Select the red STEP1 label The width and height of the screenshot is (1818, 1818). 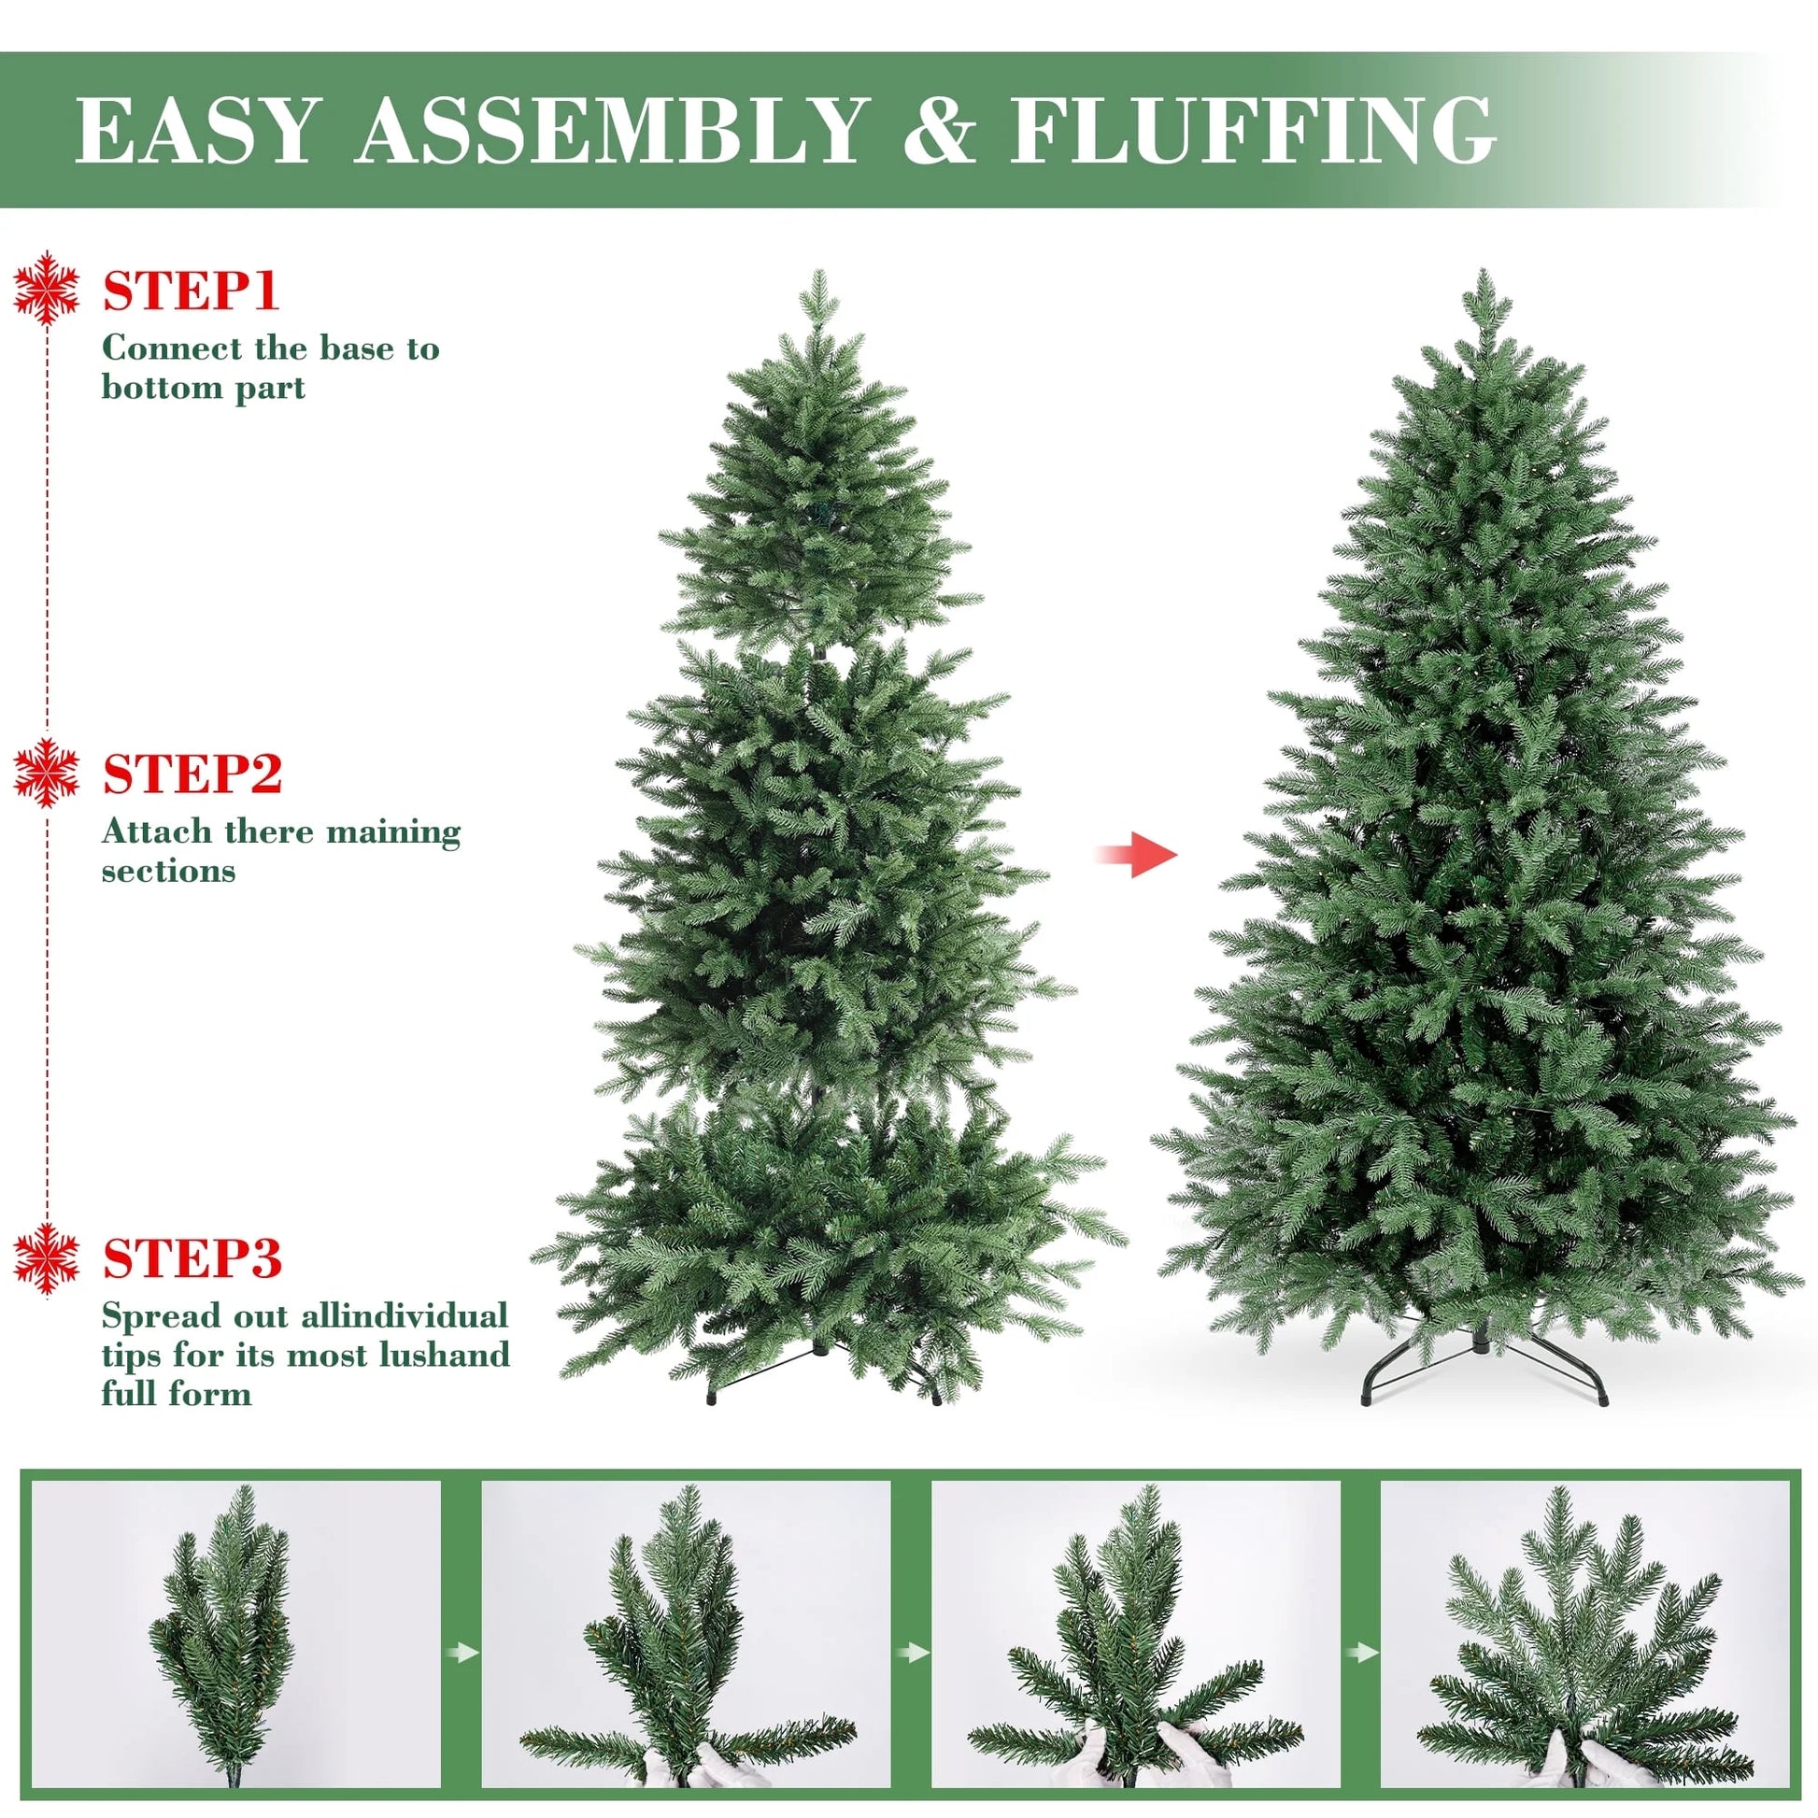coord(191,291)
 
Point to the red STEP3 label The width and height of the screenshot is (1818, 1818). coord(192,1258)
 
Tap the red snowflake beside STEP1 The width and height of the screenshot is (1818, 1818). coord(46,288)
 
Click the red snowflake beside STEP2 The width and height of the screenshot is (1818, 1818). coord(46,773)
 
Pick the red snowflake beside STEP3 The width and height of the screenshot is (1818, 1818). coord(46,1260)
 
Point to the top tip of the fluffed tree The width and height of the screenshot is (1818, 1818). coord(1484,280)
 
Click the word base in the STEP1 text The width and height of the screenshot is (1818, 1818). coord(356,348)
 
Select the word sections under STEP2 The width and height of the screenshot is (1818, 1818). coord(168,871)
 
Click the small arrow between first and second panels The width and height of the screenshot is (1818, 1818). coord(462,1652)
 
